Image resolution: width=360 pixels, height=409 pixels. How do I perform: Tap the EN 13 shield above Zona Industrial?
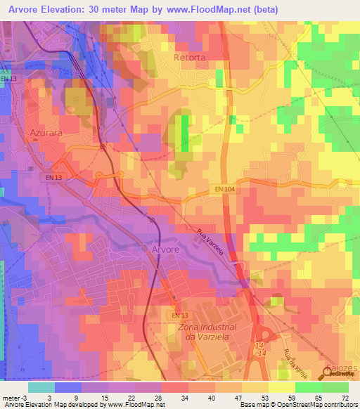click(180, 316)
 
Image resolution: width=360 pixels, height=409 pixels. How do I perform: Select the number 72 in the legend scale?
click(344, 398)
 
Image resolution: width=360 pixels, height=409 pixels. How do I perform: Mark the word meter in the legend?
click(11, 398)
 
